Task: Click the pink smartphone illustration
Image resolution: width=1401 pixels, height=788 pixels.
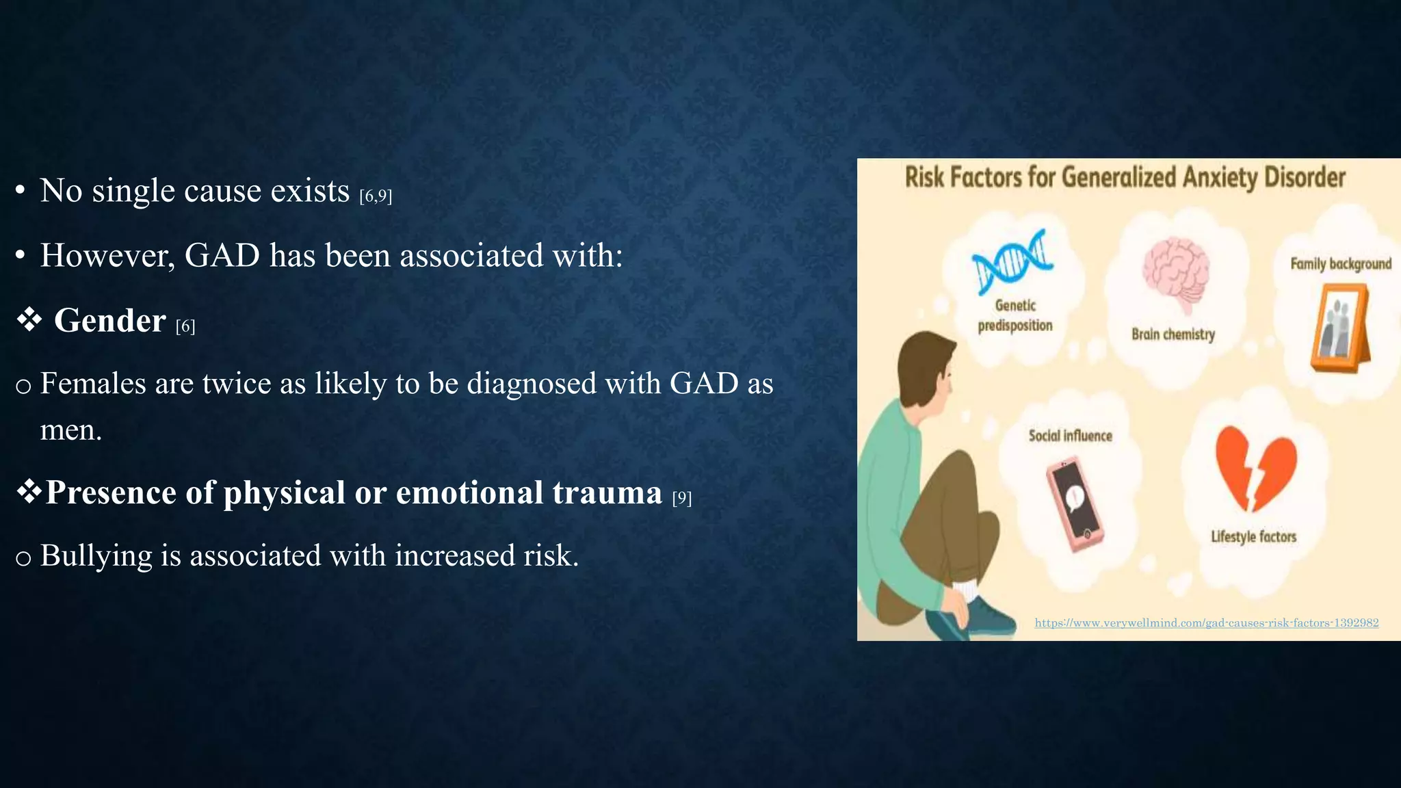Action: point(1074,503)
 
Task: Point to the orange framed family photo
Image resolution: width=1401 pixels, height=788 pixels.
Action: point(1341,328)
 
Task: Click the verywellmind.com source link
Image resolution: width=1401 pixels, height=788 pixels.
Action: point(1206,622)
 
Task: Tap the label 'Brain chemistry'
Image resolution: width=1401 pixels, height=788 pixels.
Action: point(1173,334)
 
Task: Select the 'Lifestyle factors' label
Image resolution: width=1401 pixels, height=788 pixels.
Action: point(1253,537)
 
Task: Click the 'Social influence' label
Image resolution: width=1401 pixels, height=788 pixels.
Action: point(1070,436)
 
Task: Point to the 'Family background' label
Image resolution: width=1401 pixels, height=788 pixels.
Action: point(1340,264)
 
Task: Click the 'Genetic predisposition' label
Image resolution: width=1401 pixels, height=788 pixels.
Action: point(1015,315)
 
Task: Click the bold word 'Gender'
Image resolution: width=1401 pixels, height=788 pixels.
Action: point(109,321)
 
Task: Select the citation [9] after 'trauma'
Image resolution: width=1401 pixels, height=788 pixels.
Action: point(682,498)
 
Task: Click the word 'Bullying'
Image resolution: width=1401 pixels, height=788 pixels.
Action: point(96,555)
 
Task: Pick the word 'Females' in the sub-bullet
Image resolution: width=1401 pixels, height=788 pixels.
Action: point(93,383)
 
